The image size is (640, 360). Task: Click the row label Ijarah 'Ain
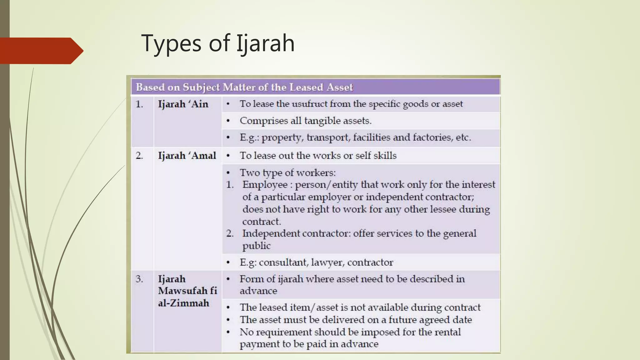(x=183, y=104)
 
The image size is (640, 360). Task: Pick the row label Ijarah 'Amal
(x=187, y=156)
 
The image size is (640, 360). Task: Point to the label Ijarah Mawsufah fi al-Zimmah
(x=187, y=291)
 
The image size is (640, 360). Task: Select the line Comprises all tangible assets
(x=305, y=121)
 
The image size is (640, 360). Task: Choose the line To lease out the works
(x=318, y=156)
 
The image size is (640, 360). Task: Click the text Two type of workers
(x=287, y=173)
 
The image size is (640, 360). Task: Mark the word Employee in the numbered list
(x=265, y=185)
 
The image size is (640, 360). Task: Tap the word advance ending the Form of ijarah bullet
(x=258, y=291)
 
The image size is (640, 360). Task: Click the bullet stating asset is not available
(x=360, y=307)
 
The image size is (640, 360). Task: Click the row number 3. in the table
(x=139, y=279)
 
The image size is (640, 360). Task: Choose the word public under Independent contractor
(x=256, y=246)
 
